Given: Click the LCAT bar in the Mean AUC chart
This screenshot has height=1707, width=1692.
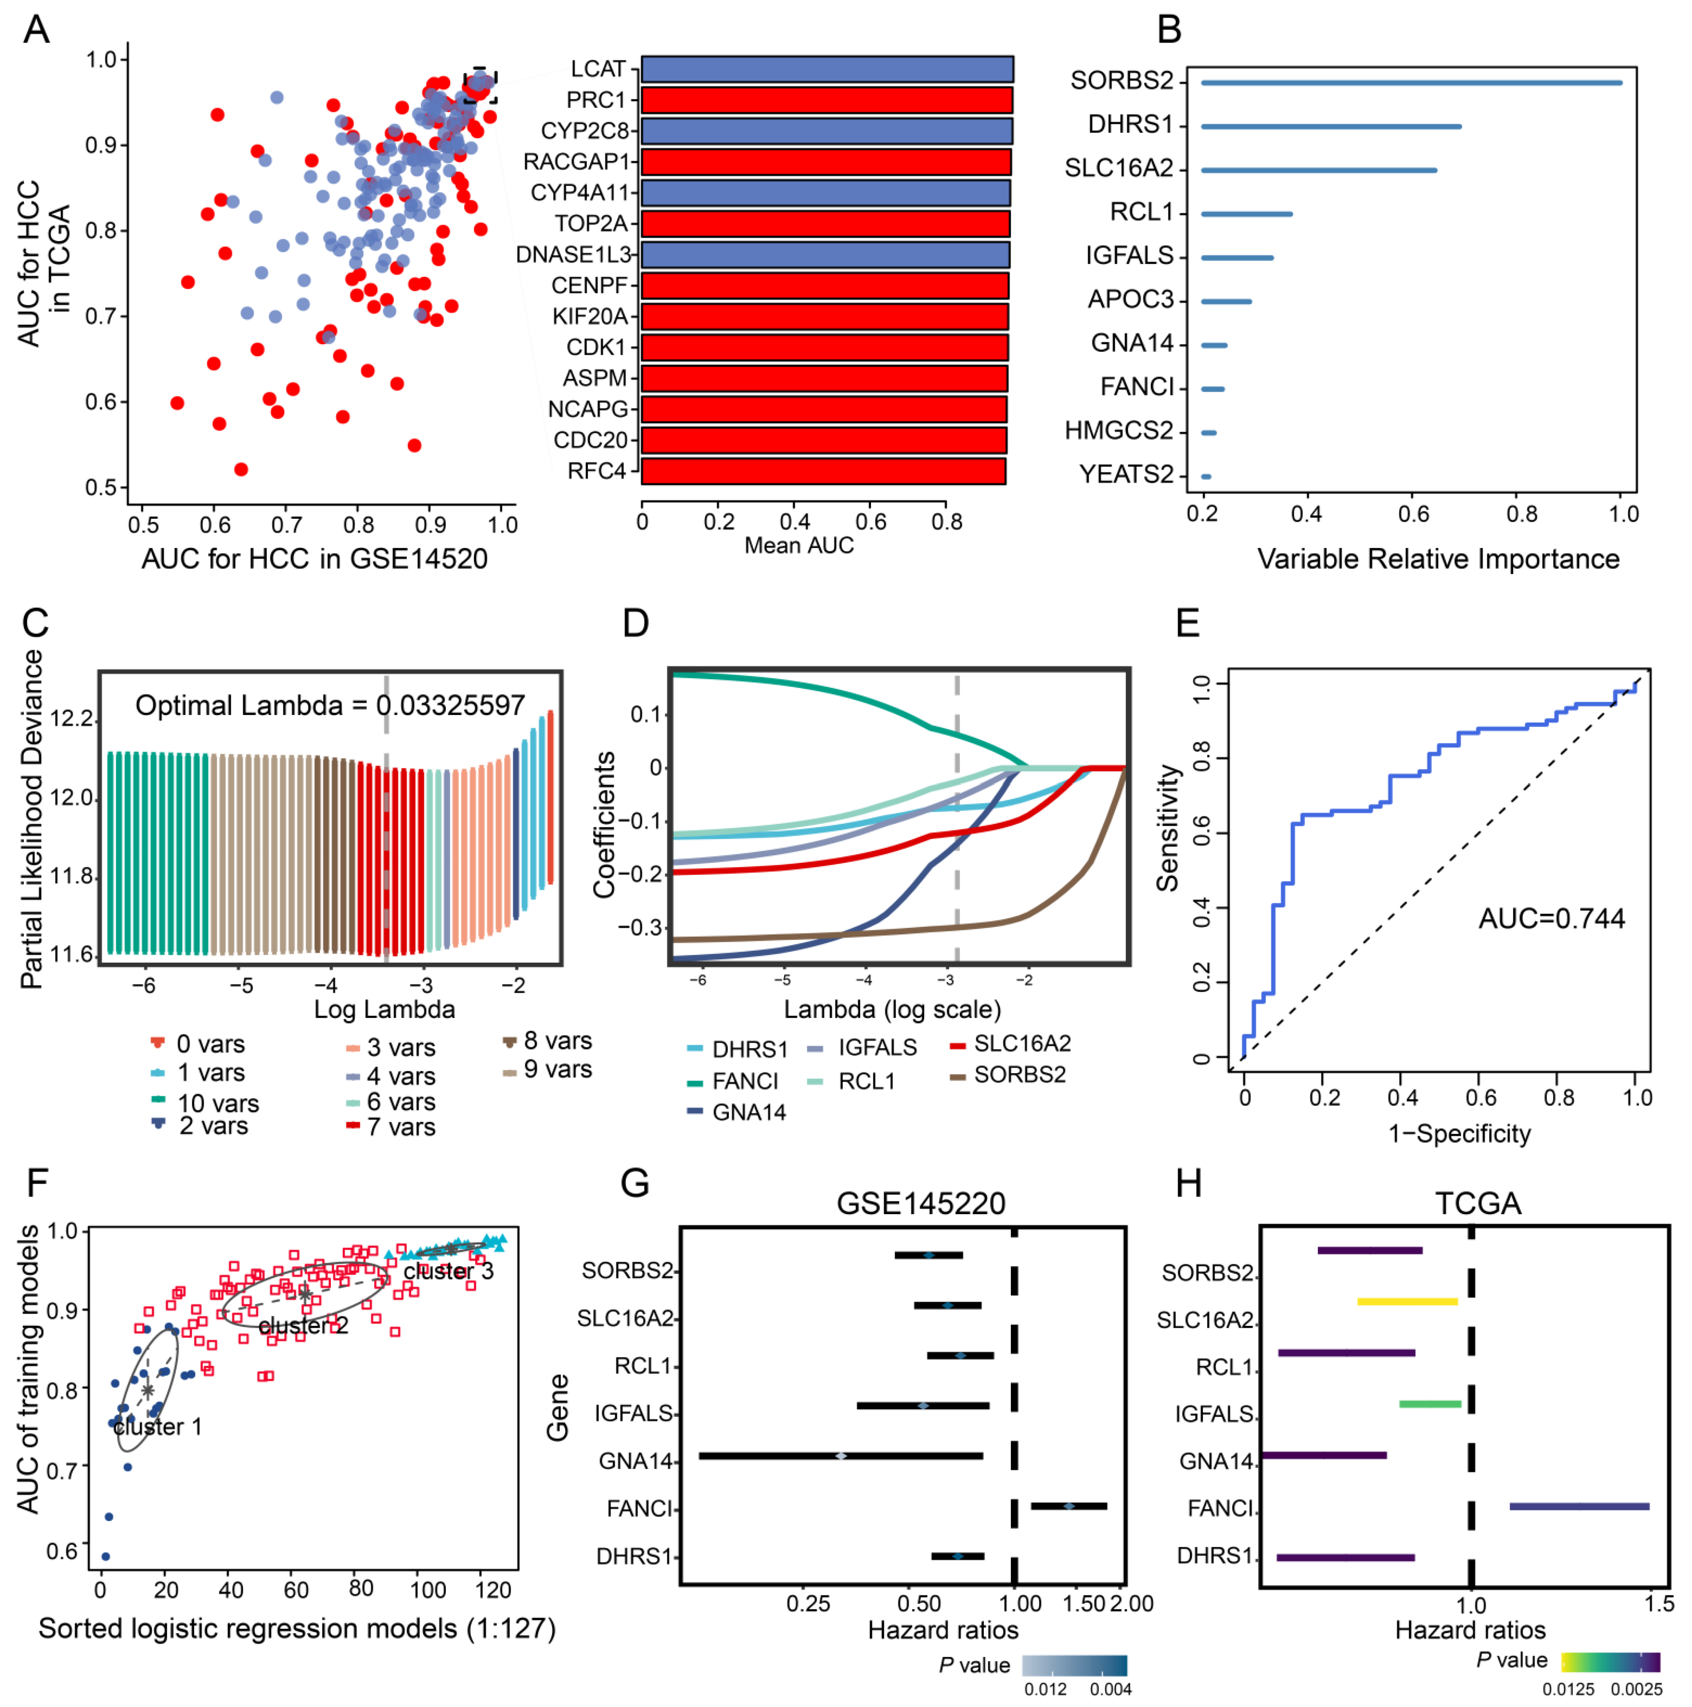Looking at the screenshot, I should tap(827, 69).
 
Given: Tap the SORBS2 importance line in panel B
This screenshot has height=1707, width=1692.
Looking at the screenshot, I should tap(1411, 83).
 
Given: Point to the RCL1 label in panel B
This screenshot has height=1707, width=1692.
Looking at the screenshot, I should tap(1141, 212).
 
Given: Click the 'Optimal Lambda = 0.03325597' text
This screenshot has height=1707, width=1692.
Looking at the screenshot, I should tap(330, 705).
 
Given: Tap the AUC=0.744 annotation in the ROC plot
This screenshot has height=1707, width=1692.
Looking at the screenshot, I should tap(1552, 919).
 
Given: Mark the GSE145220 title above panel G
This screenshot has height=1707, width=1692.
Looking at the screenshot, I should tap(920, 1203).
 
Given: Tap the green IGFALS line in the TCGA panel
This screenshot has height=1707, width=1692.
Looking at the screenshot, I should tap(1430, 1404).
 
